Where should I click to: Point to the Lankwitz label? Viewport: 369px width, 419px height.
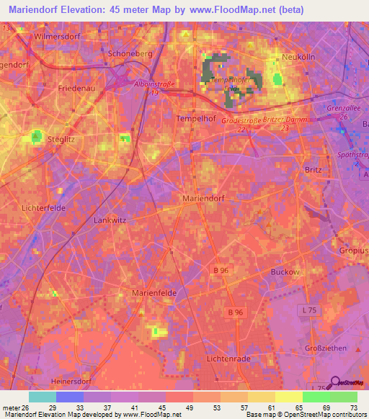(x=111, y=220)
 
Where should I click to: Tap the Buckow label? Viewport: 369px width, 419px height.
(x=285, y=272)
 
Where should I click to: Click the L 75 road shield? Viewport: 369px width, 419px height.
(x=308, y=309)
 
